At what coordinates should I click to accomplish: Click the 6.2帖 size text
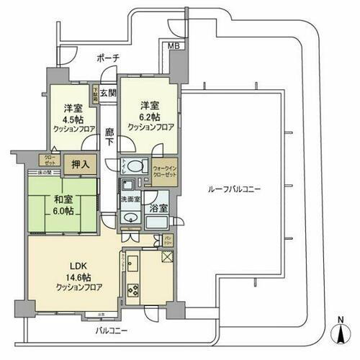[x=150, y=117]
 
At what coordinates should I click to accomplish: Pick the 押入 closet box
[x=81, y=164]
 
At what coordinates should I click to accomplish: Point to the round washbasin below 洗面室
[x=131, y=218]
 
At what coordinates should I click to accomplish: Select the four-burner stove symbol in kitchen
[x=133, y=290]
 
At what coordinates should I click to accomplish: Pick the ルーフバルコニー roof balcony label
[x=234, y=189]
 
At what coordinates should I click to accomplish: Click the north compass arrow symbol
[x=338, y=333]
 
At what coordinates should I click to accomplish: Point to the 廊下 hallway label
[x=108, y=138]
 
